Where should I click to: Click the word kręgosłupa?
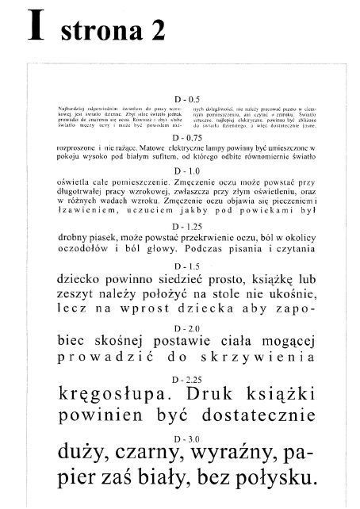(x=110, y=394)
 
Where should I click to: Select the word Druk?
(x=205, y=393)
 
